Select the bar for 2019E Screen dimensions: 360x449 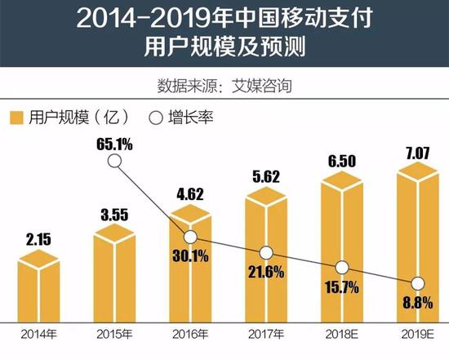click(417, 253)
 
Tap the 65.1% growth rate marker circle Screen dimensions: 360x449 click(115, 162)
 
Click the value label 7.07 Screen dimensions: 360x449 click(417, 153)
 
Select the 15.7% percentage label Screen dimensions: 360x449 click(342, 287)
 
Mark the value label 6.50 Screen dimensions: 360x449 click(342, 163)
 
